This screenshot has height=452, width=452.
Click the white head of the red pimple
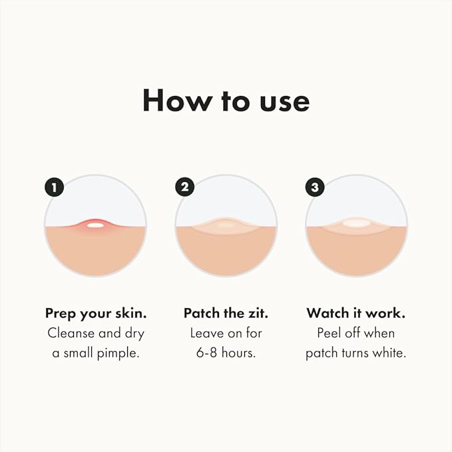coord(95,225)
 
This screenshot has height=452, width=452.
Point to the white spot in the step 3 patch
coord(356,223)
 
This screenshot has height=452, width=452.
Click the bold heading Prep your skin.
coord(95,313)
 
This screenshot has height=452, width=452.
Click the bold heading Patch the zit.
coord(226,313)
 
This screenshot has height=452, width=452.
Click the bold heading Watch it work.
coord(356,313)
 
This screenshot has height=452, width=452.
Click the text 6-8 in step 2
coord(205,353)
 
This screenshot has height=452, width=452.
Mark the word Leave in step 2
coord(206,333)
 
